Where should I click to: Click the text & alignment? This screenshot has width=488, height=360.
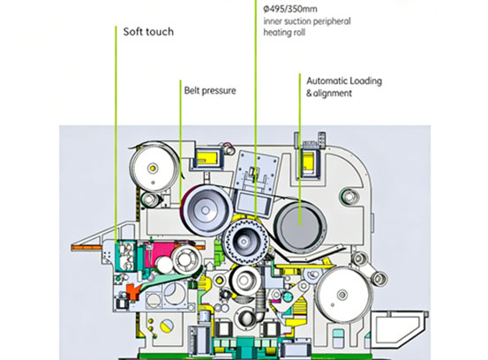(x=328, y=91)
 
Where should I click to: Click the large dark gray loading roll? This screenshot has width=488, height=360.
(x=297, y=221)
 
